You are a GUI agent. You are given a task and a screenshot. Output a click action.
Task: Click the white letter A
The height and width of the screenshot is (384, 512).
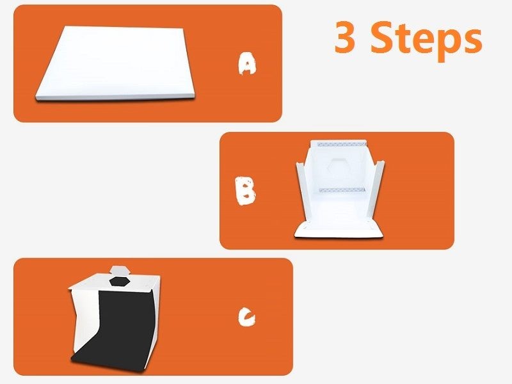247,64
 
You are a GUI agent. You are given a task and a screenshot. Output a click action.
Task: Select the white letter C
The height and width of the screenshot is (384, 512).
248,317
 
